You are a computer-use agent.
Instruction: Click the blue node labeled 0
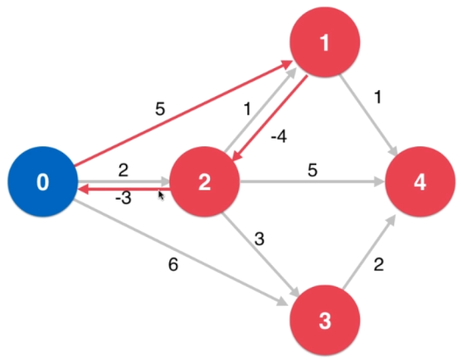click(x=42, y=182)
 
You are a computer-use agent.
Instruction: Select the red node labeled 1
click(x=325, y=43)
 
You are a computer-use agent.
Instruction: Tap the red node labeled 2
click(x=204, y=182)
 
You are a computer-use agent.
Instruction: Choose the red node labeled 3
click(x=325, y=321)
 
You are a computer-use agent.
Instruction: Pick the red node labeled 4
click(x=420, y=182)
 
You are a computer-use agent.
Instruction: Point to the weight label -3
click(x=123, y=199)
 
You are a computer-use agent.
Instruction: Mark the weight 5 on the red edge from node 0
click(x=160, y=110)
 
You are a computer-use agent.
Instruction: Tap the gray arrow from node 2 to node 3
click(x=260, y=260)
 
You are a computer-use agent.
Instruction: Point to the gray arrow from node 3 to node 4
click(x=369, y=254)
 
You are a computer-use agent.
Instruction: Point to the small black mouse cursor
click(x=161, y=195)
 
